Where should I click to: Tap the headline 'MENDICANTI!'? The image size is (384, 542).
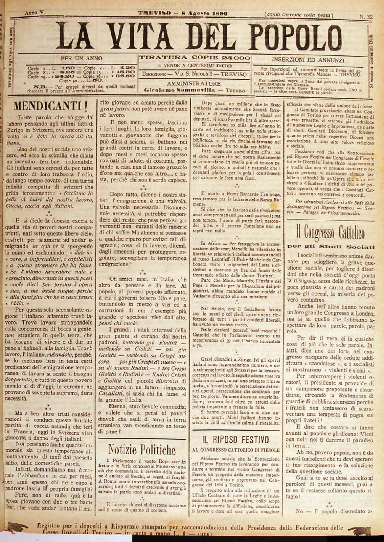click(x=51, y=106)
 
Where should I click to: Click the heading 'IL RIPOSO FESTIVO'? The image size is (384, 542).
click(x=235, y=439)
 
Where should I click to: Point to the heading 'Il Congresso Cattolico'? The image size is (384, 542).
click(x=330, y=233)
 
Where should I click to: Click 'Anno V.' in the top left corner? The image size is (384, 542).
click(x=35, y=12)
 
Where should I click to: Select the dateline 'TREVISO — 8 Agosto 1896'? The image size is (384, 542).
click(x=183, y=14)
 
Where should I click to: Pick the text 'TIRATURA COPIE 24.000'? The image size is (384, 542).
click(x=195, y=58)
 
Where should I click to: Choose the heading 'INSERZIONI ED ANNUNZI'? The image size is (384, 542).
click(x=308, y=60)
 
